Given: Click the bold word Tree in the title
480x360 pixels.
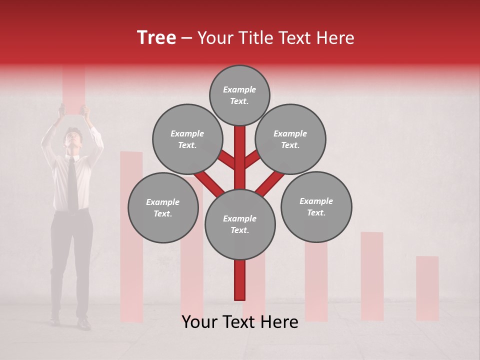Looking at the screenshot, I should [x=156, y=38].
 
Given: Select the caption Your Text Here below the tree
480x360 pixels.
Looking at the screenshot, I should [x=240, y=322].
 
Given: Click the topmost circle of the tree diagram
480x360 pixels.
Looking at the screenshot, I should [x=239, y=95].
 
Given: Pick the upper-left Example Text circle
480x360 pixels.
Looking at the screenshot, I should [x=187, y=139].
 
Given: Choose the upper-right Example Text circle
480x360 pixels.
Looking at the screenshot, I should [x=290, y=139].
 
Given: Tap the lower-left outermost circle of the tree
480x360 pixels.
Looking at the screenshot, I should [x=162, y=207].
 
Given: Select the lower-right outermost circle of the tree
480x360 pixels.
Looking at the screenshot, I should [x=316, y=206].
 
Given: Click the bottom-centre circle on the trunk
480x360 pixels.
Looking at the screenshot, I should [x=239, y=224].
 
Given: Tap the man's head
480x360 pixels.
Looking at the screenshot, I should [x=73, y=137].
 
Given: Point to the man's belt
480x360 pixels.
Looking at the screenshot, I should [x=71, y=212].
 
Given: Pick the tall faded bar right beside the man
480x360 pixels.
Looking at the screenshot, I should [x=131, y=235].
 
